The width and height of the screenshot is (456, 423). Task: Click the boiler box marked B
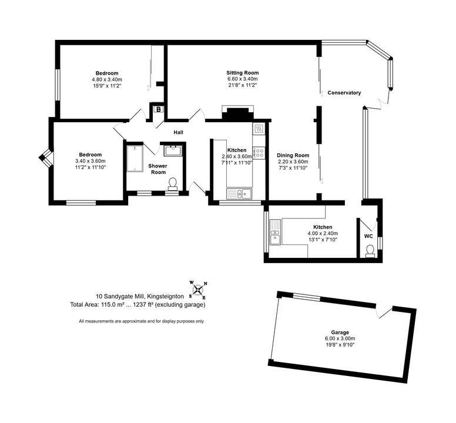[159, 109]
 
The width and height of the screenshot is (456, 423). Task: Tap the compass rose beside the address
[198, 290]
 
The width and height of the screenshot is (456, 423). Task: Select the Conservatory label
[344, 93]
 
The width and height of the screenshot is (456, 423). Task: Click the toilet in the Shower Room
[173, 184]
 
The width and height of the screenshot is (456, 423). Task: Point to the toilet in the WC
[370, 251]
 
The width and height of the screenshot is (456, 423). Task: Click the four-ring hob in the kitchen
[259, 153]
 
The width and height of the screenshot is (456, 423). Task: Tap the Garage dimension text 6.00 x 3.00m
[340, 338]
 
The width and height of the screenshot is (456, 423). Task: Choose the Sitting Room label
[243, 73]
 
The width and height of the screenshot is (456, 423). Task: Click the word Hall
[178, 132]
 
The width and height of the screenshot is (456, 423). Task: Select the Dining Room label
[293, 155]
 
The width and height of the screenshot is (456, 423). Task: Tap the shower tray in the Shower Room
[135, 159]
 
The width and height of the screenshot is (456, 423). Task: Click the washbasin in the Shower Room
[173, 151]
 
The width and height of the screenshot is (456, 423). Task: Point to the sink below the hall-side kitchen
[239, 193]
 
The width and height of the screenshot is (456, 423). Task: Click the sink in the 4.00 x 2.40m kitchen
[275, 232]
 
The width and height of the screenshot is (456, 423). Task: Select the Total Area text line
[138, 305]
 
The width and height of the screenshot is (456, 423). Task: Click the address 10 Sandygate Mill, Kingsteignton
[140, 297]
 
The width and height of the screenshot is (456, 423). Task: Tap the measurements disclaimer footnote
[142, 321]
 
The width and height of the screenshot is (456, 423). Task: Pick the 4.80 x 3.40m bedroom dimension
[107, 79]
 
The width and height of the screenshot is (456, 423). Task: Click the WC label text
[368, 236]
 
